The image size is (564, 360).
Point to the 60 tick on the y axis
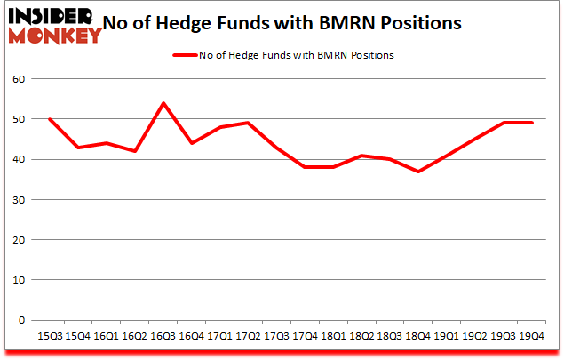click(23, 79)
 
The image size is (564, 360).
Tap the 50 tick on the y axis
click(23, 119)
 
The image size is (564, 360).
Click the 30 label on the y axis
click(23, 200)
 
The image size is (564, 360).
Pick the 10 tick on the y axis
click(23, 280)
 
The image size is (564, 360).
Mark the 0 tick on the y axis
click(26, 320)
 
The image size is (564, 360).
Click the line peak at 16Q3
click(163, 103)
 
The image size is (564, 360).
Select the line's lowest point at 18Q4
click(418, 172)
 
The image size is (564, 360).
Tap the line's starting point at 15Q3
click(49, 119)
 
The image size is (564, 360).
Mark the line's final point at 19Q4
click(532, 123)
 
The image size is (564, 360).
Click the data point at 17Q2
click(248, 123)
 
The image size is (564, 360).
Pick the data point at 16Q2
click(134, 151)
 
